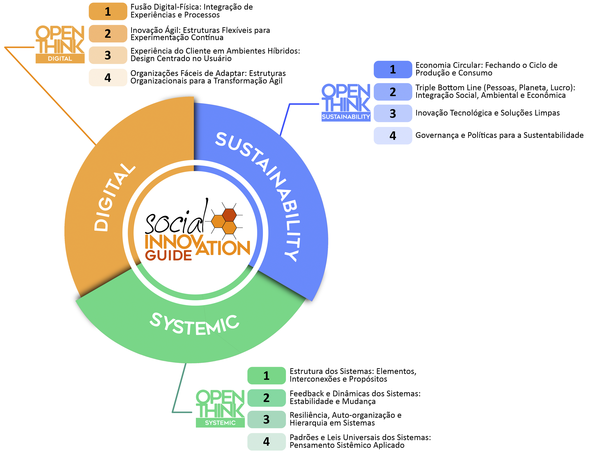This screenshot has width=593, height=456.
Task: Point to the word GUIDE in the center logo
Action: [x=168, y=255]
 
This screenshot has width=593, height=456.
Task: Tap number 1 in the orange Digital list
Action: [x=108, y=12]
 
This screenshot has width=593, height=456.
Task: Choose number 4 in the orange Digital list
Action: [x=108, y=78]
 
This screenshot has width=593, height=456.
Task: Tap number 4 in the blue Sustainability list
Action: [x=393, y=136]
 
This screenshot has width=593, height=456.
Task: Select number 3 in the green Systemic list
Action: [x=266, y=420]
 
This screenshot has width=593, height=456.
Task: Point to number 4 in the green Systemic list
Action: [x=266, y=442]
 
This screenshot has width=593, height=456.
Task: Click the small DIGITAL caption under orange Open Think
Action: [x=60, y=59]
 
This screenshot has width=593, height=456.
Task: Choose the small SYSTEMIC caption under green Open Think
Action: [x=220, y=423]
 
